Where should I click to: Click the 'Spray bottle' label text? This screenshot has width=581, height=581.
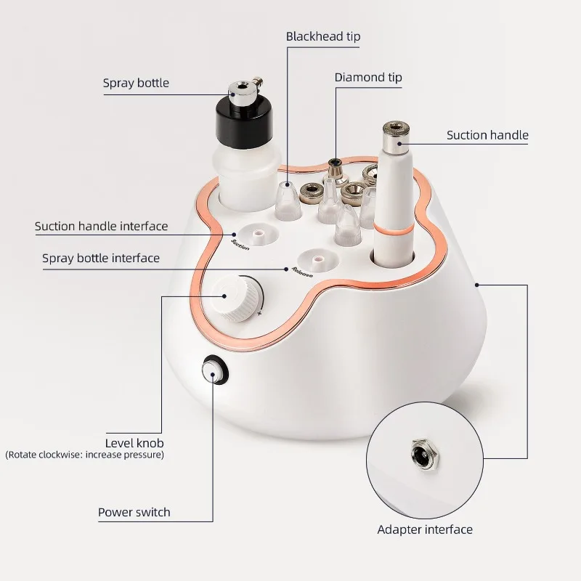click(x=136, y=83)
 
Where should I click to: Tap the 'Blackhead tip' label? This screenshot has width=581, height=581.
click(x=323, y=36)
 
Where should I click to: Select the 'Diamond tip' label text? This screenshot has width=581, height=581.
click(x=368, y=77)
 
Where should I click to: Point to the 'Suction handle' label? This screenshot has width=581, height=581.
click(x=487, y=135)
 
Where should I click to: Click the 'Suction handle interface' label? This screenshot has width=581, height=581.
click(x=101, y=227)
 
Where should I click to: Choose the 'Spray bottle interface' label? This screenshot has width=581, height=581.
click(x=101, y=258)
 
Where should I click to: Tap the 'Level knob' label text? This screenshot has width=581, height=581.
click(x=134, y=442)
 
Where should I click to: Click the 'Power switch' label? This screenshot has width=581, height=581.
click(x=134, y=512)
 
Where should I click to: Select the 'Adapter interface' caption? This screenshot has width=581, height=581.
click(x=425, y=529)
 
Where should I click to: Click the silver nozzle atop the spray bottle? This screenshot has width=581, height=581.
click(x=240, y=91)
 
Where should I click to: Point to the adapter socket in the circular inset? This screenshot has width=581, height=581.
click(x=420, y=455)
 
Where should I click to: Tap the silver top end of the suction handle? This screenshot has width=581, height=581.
click(x=395, y=133)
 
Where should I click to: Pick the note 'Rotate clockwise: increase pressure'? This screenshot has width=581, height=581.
click(x=85, y=455)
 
